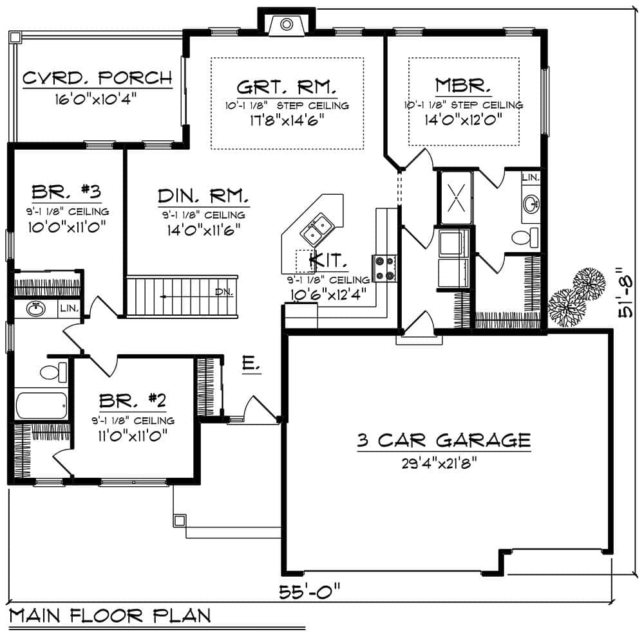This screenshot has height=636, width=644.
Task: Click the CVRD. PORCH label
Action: click(98, 79)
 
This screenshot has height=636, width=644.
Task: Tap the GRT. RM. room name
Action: click(287, 87)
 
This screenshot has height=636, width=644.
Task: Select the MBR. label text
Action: click(464, 86)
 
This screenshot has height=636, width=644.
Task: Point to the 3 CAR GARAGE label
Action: click(444, 441)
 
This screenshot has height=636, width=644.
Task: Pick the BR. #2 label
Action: click(133, 402)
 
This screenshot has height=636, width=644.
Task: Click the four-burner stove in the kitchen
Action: click(385, 269)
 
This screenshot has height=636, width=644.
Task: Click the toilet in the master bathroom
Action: click(526, 237)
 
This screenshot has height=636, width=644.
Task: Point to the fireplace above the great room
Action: click(286, 24)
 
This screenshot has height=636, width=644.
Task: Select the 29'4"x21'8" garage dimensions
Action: click(444, 462)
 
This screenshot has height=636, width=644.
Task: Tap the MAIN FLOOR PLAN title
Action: click(110, 616)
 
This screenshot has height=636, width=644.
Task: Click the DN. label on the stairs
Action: click(223, 292)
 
